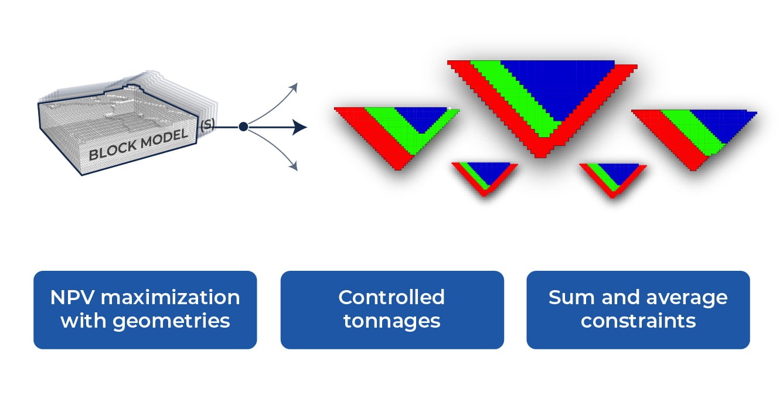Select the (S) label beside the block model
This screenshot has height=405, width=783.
(x=206, y=125)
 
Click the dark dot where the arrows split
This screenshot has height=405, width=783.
(x=243, y=127)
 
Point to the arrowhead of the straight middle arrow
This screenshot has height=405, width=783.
(x=300, y=127)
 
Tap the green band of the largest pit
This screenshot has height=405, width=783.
(x=516, y=100)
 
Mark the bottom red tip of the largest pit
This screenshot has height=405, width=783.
(x=542, y=154)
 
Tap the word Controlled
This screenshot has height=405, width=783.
(x=391, y=297)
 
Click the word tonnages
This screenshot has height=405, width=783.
(x=391, y=321)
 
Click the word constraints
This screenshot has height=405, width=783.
(x=638, y=321)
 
